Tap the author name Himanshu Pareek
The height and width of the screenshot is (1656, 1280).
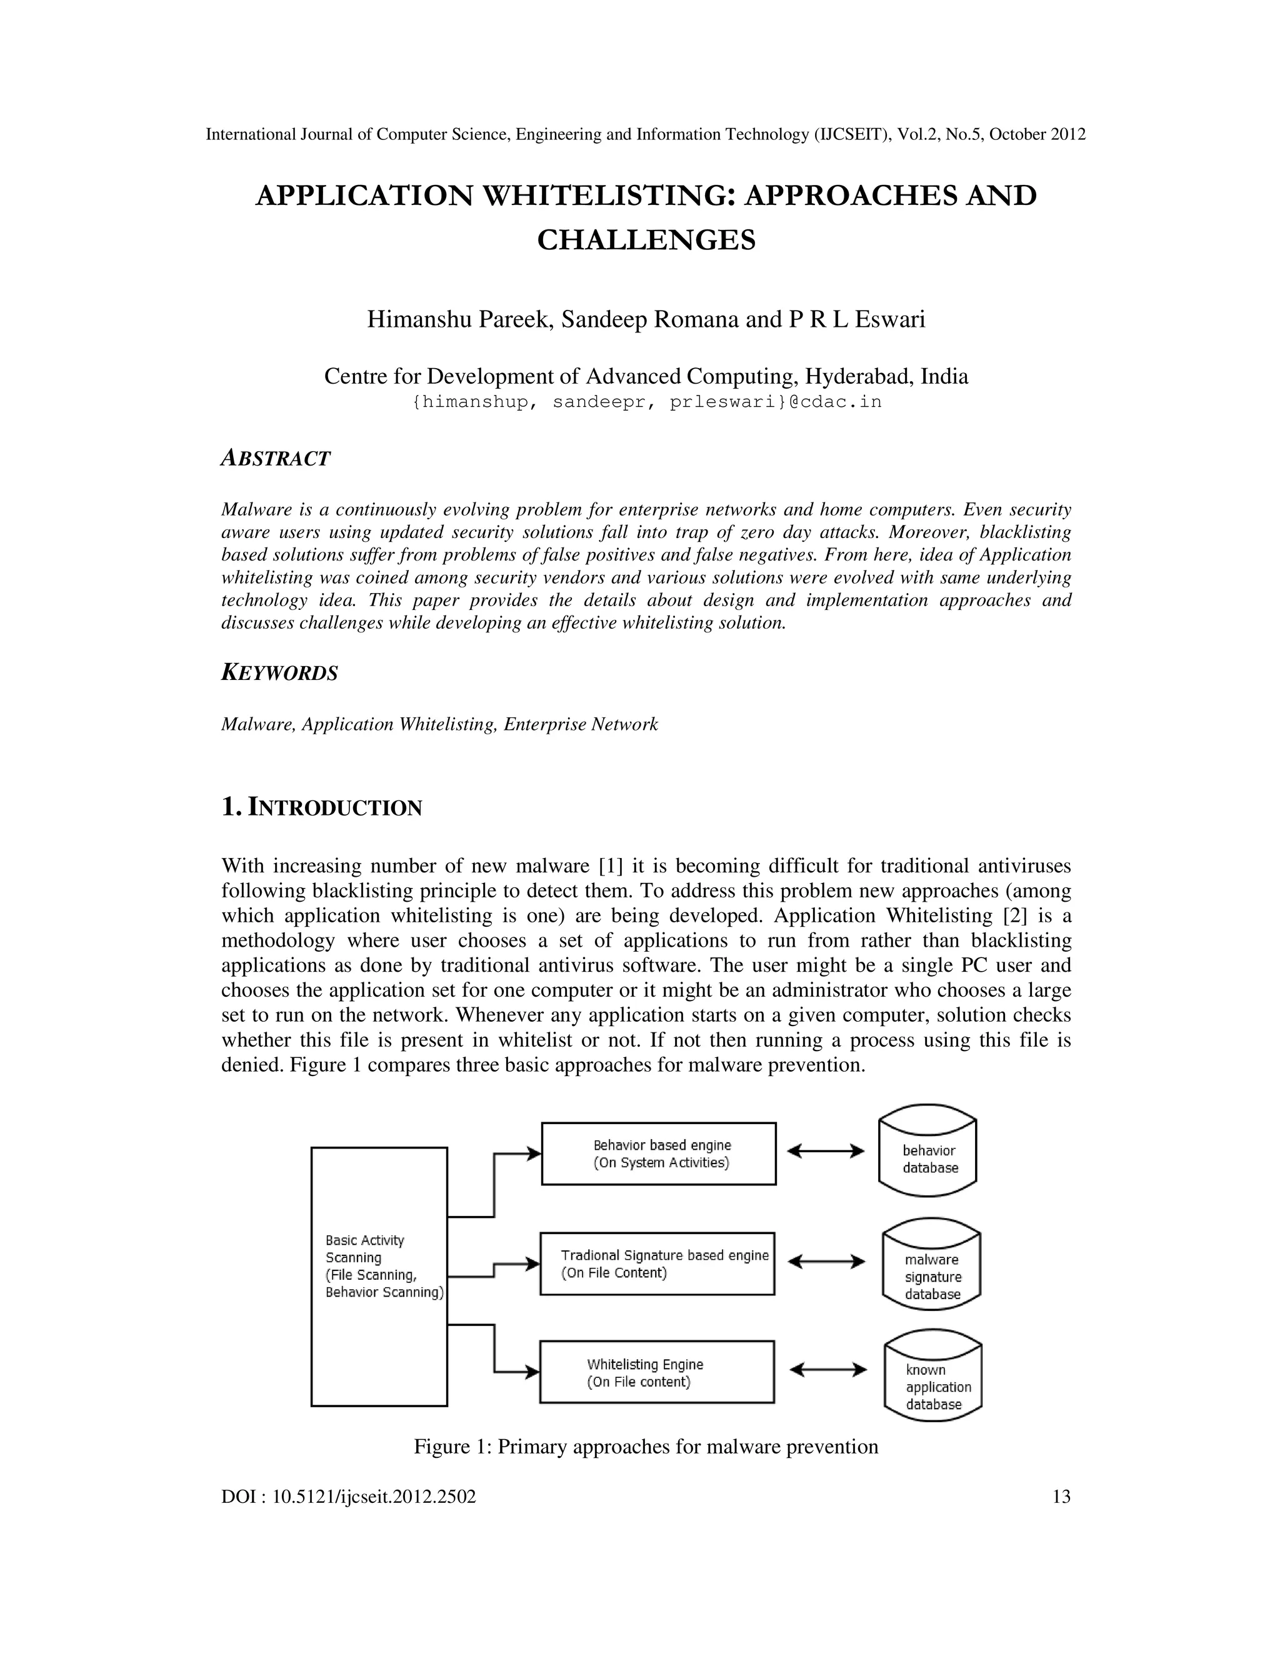tap(458, 319)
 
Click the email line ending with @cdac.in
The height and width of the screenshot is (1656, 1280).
tap(646, 402)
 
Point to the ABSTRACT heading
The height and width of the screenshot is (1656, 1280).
tap(275, 458)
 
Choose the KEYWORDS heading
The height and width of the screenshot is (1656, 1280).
tap(279, 672)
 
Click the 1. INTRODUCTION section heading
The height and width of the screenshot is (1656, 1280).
tap(321, 807)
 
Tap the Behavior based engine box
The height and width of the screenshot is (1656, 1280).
tap(658, 1154)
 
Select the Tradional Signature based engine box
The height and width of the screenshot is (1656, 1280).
tap(657, 1263)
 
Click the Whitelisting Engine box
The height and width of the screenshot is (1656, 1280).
tap(657, 1372)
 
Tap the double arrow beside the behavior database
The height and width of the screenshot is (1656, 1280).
tap(826, 1151)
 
